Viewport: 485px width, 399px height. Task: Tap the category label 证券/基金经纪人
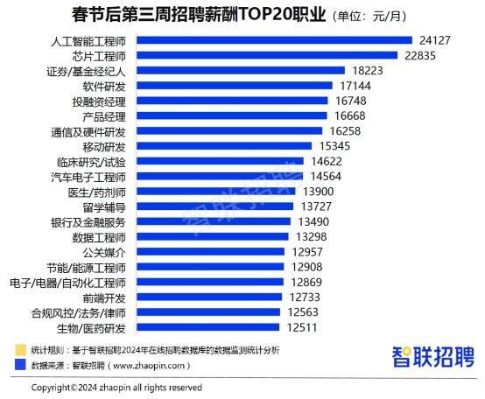coord(87,70)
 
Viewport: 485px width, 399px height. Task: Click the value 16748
coord(355,101)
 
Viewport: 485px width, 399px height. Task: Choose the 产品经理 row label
coord(104,115)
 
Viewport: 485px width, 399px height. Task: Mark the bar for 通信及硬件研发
coord(228,131)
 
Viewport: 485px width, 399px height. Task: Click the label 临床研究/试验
coord(93,161)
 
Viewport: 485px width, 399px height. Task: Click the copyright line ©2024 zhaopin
coord(116,387)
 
